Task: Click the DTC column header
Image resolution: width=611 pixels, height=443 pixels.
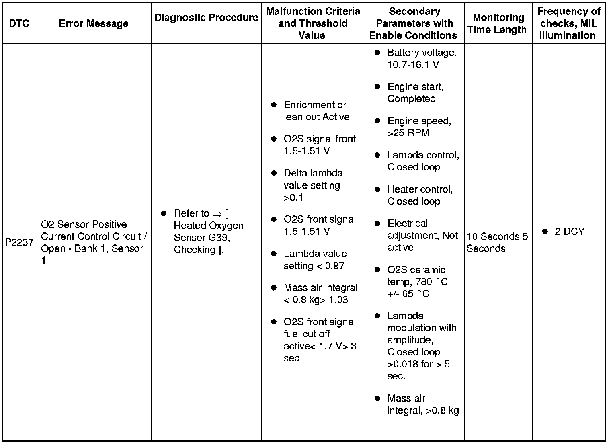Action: (19, 23)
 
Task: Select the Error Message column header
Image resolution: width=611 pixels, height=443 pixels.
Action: (94, 23)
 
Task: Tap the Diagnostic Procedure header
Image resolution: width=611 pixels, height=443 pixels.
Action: (206, 18)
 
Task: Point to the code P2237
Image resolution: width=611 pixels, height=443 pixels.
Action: (19, 242)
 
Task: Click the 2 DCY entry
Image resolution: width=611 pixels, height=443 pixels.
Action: (569, 232)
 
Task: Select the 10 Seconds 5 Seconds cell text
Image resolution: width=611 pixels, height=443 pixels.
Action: (497, 242)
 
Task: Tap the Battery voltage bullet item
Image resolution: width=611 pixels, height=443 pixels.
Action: (422, 59)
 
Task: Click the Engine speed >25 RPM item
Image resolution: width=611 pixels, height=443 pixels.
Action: (419, 127)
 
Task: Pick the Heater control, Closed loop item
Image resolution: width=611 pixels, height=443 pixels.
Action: (420, 195)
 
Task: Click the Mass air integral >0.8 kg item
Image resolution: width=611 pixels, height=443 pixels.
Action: (423, 404)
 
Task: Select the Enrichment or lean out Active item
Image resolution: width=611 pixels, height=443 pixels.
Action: (316, 111)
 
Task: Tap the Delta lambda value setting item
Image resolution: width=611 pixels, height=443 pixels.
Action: (313, 185)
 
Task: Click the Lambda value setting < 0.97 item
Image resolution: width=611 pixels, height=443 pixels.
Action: (315, 260)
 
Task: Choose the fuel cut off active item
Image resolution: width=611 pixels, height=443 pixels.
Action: (320, 340)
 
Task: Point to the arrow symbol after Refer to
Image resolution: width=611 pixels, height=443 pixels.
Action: (217, 213)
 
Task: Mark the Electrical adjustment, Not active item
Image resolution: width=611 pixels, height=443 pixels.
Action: (422, 236)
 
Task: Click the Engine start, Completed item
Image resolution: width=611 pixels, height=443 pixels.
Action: (415, 93)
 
